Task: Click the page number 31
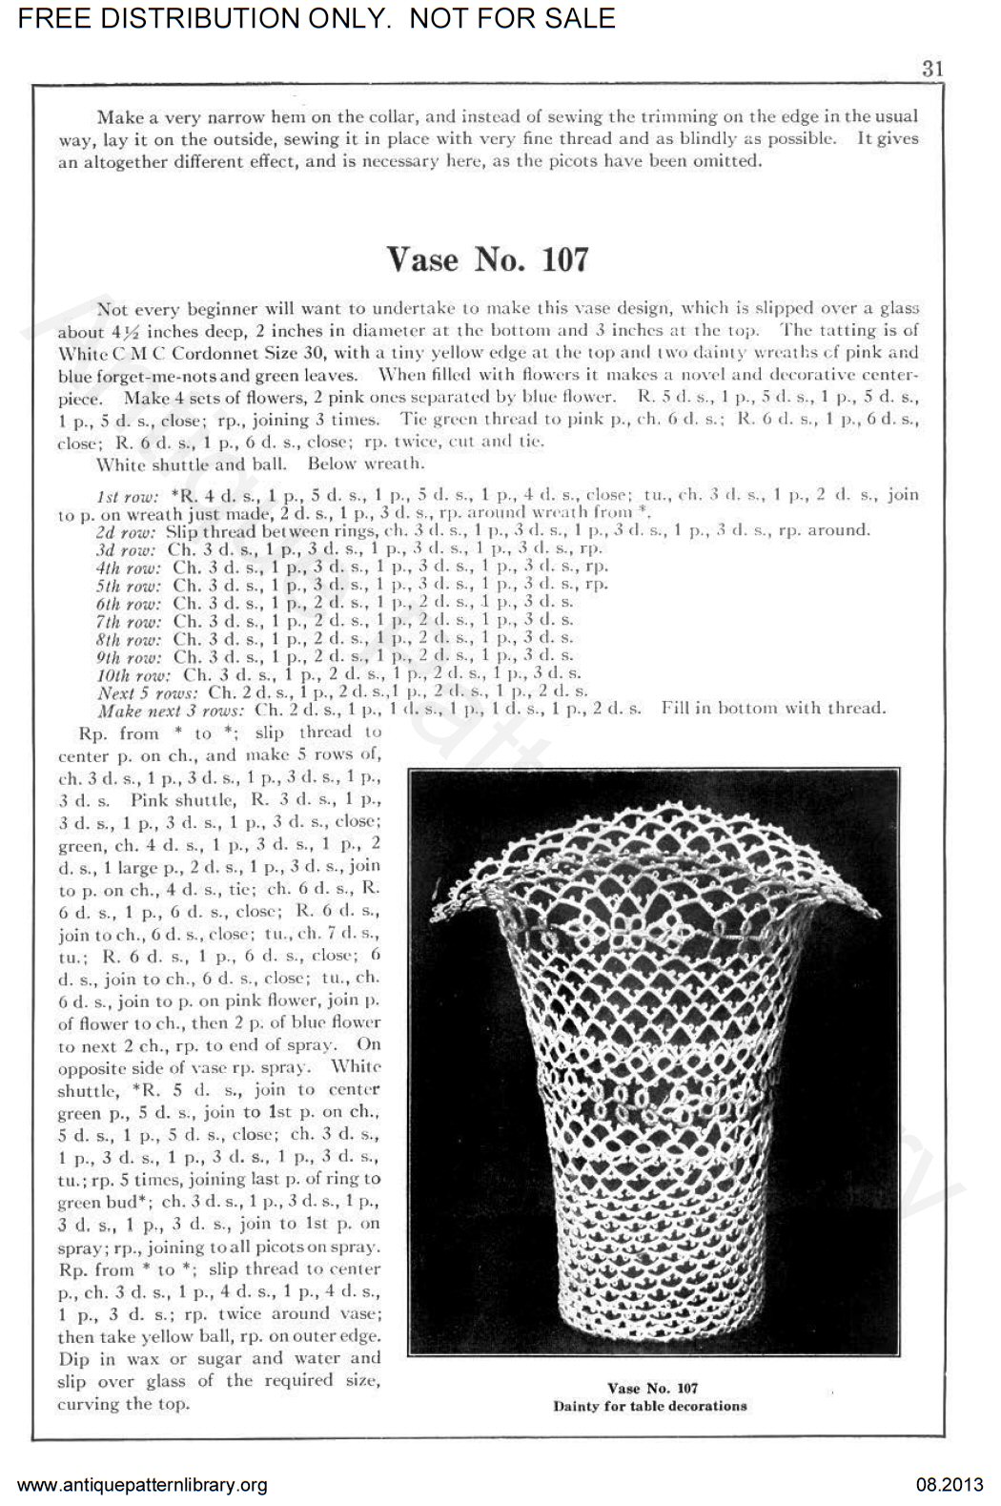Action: coord(931,69)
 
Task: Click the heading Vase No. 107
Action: coord(486,258)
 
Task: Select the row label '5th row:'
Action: coord(129,585)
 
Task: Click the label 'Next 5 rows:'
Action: coord(149,691)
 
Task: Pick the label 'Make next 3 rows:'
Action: coord(171,710)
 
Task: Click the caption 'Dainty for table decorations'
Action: coord(650,1406)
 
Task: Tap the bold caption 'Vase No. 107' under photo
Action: coord(653,1388)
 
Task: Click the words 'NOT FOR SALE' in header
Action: coord(513,17)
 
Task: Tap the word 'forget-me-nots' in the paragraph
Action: coord(179,375)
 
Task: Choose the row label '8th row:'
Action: coord(129,638)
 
